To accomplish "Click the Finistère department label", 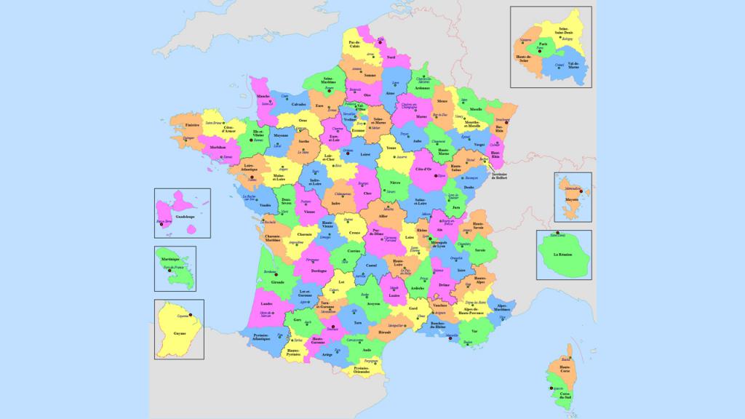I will coord(192,126).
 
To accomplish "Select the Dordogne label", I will coord(318,271).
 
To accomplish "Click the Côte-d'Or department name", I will coord(423,169).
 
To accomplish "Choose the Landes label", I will coord(266,303).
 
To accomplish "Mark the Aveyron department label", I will coord(373,305).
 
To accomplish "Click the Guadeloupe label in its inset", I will coord(186,216).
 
